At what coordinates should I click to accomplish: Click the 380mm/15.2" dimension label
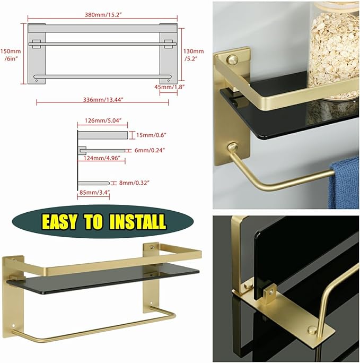point(102,15)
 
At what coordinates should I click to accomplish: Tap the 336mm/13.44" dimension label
point(102,100)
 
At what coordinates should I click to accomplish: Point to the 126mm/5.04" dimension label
point(102,120)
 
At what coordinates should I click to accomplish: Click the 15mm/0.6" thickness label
point(152,135)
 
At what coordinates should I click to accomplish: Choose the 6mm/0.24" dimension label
point(150,151)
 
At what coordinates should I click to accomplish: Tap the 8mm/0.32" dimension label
point(134,183)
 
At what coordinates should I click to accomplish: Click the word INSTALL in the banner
point(138,221)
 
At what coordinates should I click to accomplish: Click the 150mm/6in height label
point(11,55)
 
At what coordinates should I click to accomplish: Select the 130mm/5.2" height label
point(194,55)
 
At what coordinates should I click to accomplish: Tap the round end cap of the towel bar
point(232,147)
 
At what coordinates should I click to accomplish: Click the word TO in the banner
point(94,221)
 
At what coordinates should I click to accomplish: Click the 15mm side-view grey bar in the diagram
point(102,135)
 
